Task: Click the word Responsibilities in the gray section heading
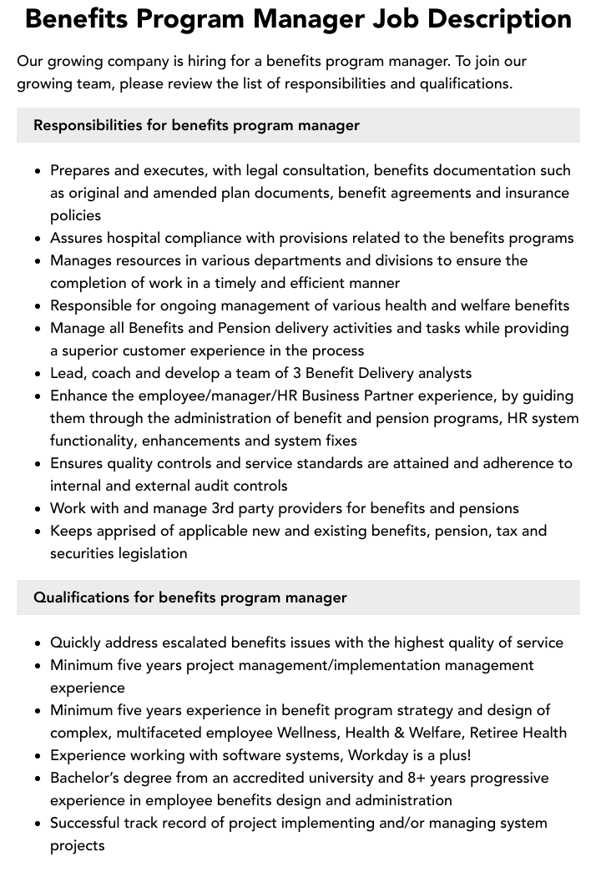click(88, 125)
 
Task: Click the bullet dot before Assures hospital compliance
click(38, 239)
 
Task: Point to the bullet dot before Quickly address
click(38, 643)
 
